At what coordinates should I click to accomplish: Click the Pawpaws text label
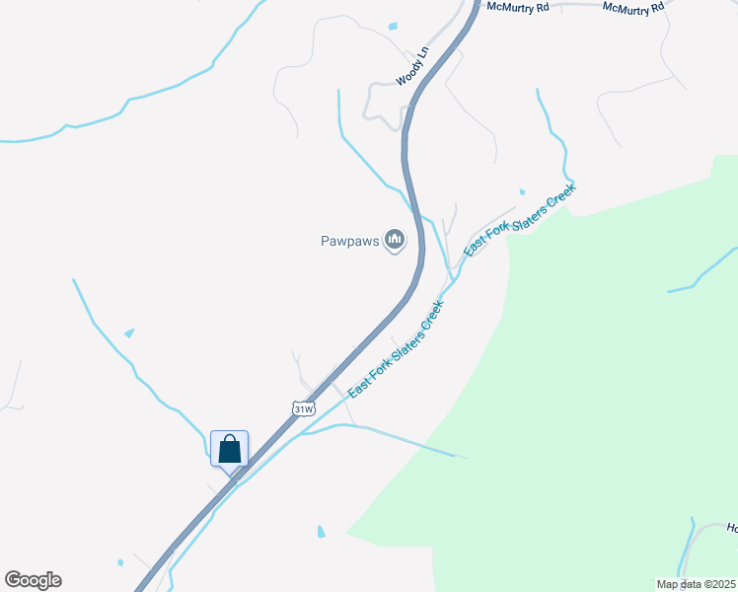tap(349, 240)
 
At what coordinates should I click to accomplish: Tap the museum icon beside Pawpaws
tap(395, 239)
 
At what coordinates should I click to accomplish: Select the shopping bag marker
tap(230, 449)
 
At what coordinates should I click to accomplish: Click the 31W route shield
tap(304, 407)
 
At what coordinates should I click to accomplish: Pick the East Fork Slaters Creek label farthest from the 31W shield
tap(519, 220)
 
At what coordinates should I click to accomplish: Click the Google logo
tap(33, 580)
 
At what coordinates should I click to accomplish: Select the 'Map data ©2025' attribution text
tap(696, 583)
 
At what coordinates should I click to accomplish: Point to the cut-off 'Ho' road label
tap(732, 528)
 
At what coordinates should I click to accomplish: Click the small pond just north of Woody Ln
tap(393, 26)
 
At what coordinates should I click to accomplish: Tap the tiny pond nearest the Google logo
tap(120, 563)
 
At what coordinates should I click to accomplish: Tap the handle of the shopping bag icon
tap(230, 440)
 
